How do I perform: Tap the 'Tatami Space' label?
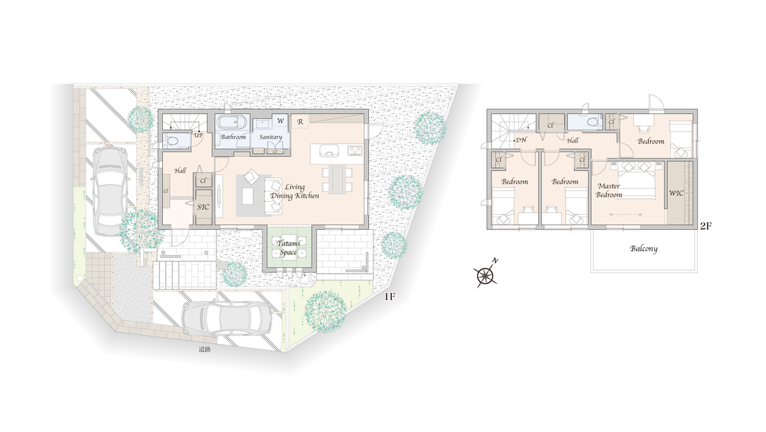pyautogui.click(x=289, y=248)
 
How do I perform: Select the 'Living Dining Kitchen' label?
pyautogui.click(x=294, y=191)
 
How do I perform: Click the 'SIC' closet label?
pyautogui.click(x=203, y=207)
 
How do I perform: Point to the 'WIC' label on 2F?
pyautogui.click(x=676, y=193)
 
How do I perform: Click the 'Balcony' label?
pyautogui.click(x=643, y=249)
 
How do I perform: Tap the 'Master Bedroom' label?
pyautogui.click(x=609, y=190)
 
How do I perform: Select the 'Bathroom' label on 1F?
pyautogui.click(x=233, y=137)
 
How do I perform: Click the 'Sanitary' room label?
pyautogui.click(x=271, y=137)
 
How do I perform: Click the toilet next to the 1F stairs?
pyautogui.click(x=174, y=140)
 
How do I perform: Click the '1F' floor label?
pyautogui.click(x=389, y=297)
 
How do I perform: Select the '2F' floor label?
pyautogui.click(x=706, y=226)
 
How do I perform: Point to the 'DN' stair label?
pyautogui.click(x=521, y=140)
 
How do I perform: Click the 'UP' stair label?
pyautogui.click(x=199, y=135)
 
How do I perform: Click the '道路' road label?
pyautogui.click(x=204, y=350)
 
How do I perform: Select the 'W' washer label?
pyautogui.click(x=280, y=121)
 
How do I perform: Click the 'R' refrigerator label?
pyautogui.click(x=300, y=122)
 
